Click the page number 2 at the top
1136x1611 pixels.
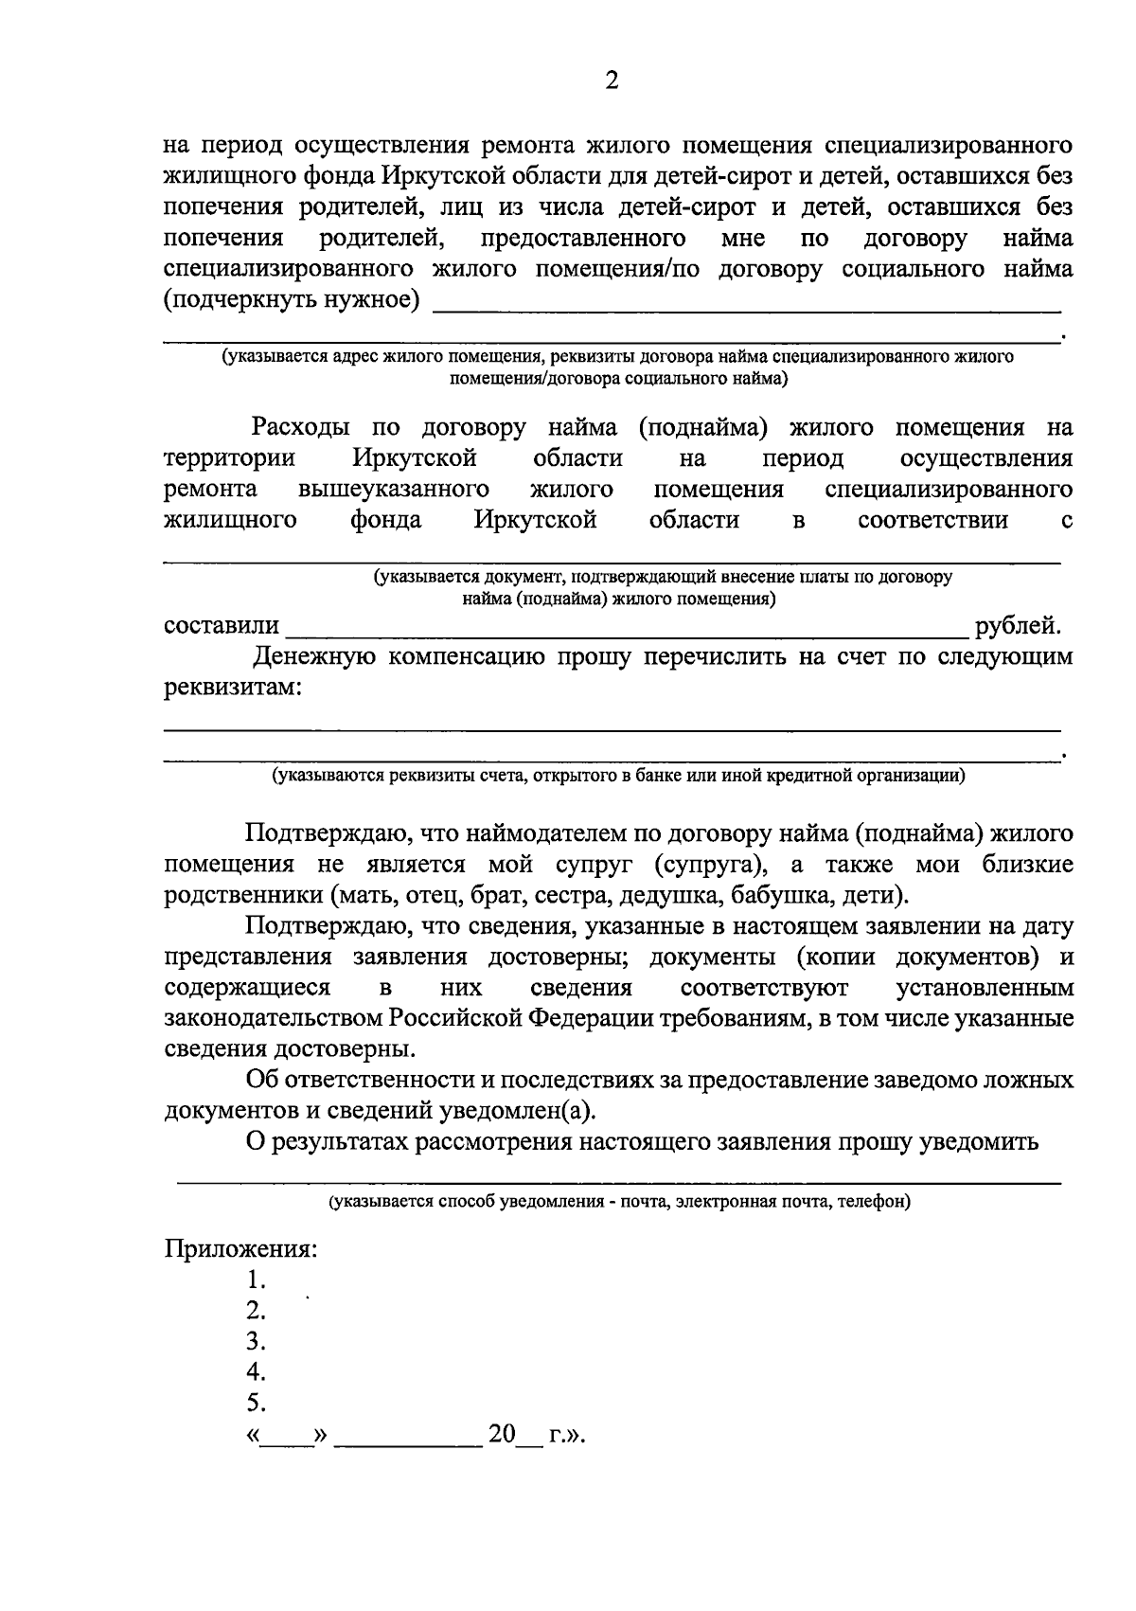tap(611, 82)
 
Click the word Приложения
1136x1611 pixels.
tap(240, 1249)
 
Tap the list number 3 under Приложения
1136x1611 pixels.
tap(254, 1341)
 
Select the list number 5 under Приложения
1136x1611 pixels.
tap(254, 1403)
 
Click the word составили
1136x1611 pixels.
tap(222, 626)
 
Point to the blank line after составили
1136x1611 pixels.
tap(625, 633)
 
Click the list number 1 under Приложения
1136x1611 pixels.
tap(254, 1280)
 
